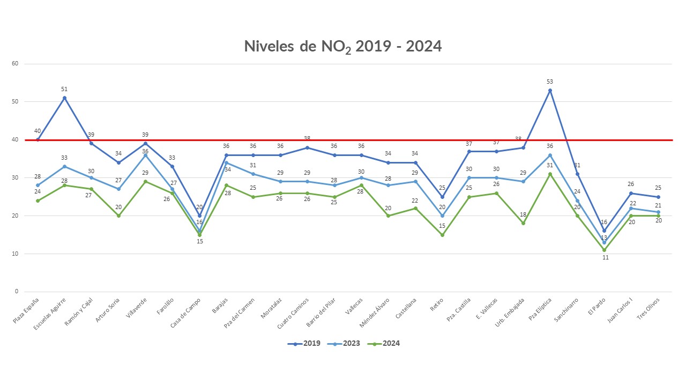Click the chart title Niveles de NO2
pos(342,47)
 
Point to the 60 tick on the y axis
pos(15,64)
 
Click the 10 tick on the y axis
pos(15,254)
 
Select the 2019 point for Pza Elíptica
pos(550,91)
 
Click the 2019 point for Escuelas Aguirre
pos(65,98)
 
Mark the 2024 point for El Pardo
pos(604,250)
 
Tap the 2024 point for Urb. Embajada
pos(523,223)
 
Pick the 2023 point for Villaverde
pos(146,155)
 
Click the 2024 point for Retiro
pos(442,235)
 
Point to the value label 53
pos(550,81)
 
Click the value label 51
pos(65,89)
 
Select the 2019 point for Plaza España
pos(38,140)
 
